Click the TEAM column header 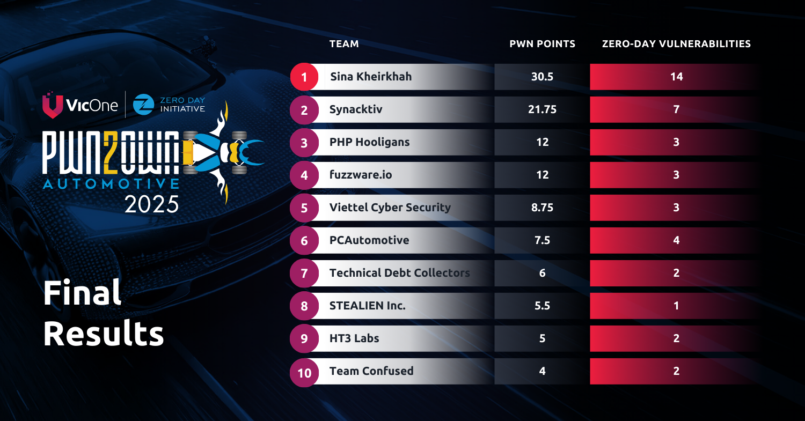coord(344,44)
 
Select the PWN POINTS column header coord(542,44)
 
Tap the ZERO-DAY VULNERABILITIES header coord(676,44)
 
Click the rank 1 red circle coord(304,77)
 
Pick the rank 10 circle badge coord(304,372)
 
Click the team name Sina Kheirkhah coord(371,77)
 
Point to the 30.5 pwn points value coord(542,77)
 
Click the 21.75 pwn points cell coord(542,109)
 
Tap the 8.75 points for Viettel coord(542,208)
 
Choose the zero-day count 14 coord(676,77)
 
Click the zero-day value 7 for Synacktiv coord(676,109)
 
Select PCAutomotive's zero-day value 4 coord(676,240)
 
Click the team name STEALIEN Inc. coord(367,306)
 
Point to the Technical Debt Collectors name coord(399,273)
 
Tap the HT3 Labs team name coord(354,338)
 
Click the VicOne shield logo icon coord(52,105)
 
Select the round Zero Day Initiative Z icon coord(143,105)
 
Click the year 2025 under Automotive coord(151,204)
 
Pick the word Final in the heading coord(82,293)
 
